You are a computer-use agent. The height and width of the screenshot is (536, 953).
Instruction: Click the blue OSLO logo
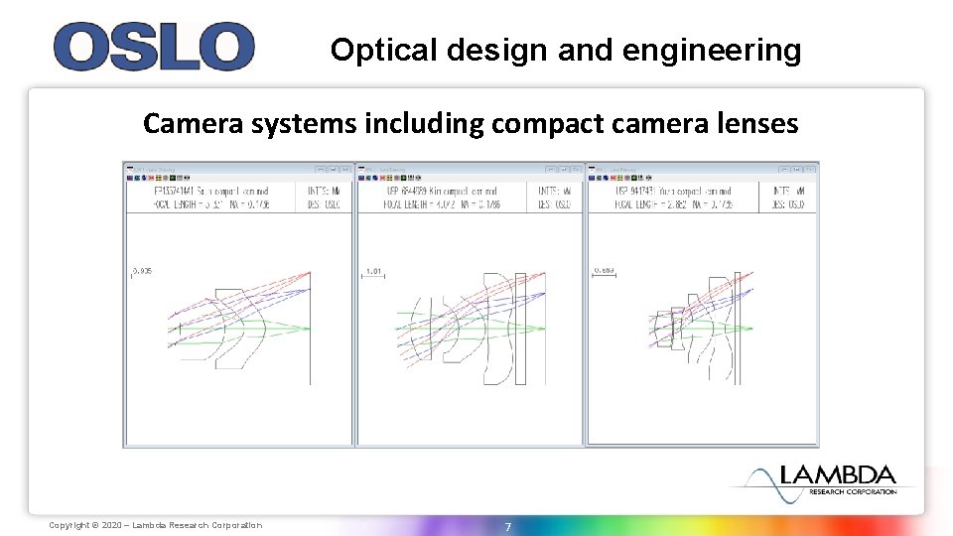click(154, 48)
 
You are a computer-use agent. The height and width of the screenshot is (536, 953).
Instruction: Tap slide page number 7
click(507, 526)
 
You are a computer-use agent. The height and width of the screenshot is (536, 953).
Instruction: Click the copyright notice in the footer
click(156, 525)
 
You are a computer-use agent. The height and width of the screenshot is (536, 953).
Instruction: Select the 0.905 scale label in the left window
click(142, 270)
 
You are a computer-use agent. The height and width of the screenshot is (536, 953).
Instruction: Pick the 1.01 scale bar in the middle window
click(373, 270)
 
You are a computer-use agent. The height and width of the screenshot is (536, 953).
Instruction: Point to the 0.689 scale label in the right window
click(604, 270)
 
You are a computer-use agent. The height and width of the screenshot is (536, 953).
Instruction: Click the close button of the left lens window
click(345, 170)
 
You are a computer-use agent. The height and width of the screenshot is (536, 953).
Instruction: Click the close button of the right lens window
click(811, 170)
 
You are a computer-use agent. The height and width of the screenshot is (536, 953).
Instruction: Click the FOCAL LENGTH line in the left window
click(211, 204)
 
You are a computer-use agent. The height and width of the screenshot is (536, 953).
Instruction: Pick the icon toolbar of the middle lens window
click(398, 180)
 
